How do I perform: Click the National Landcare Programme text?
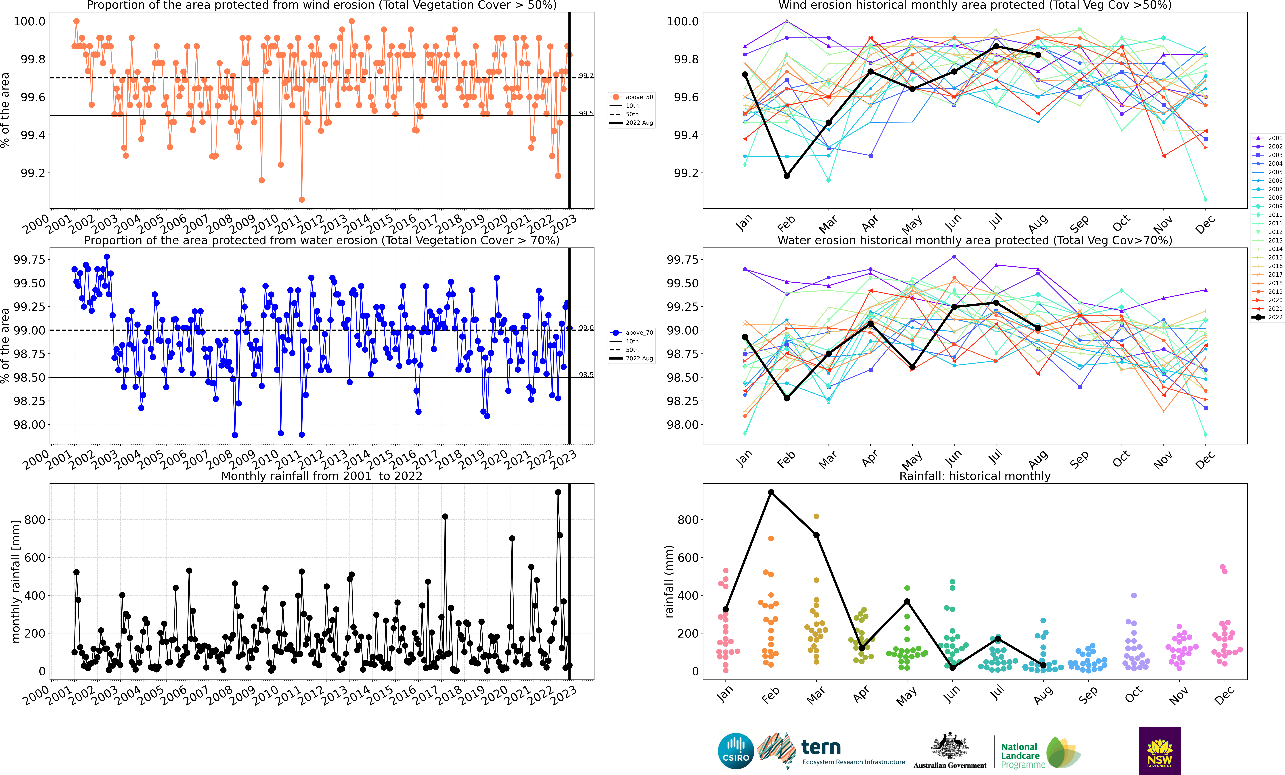tap(1023, 756)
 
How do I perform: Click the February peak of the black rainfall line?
tap(771, 492)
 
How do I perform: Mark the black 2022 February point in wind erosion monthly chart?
tap(786, 176)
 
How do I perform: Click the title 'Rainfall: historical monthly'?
tap(975, 476)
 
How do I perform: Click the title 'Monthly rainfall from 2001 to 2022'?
tap(322, 476)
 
